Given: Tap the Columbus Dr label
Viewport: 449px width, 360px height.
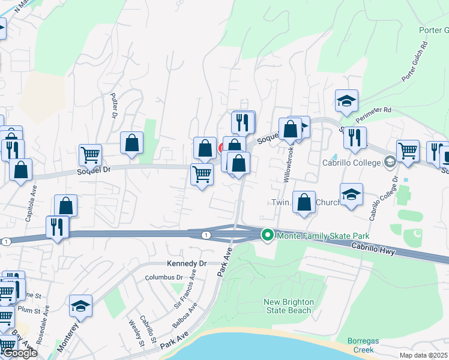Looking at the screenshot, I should coord(163,277).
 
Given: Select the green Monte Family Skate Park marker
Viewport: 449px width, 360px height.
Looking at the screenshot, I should coord(268,236).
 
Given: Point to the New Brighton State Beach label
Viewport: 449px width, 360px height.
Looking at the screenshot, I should coord(289,306).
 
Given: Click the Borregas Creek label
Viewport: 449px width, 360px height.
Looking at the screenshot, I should coord(364,345).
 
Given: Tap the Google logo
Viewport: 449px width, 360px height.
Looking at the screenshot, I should coord(19,353).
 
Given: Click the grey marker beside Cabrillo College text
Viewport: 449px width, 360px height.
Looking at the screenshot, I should coord(390,161).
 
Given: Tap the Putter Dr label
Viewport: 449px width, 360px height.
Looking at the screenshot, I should coord(113,105).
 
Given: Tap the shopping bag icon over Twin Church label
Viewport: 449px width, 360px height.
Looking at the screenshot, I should coord(304,203).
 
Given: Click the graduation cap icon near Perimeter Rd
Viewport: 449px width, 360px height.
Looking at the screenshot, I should coord(346,101).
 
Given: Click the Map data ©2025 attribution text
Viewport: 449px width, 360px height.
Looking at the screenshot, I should coord(424,355).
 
